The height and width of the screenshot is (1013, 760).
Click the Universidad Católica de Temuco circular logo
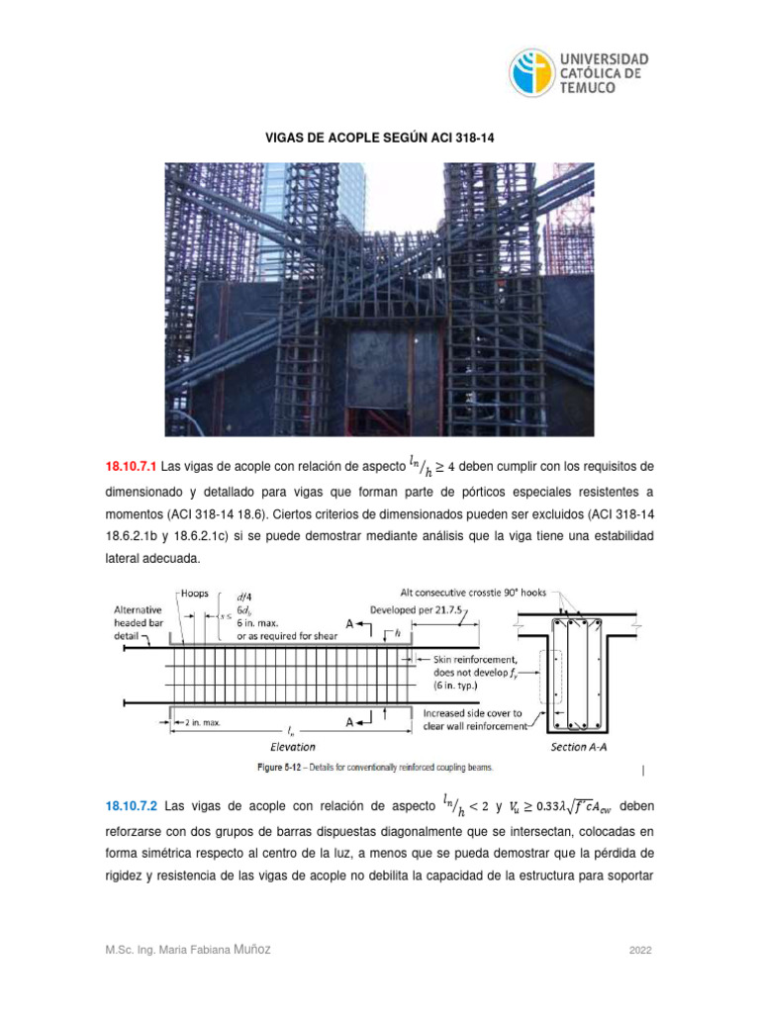(532, 73)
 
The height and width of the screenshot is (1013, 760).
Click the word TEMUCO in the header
(590, 88)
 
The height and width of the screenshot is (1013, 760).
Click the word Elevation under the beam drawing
(293, 748)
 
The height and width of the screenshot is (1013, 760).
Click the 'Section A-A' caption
(584, 748)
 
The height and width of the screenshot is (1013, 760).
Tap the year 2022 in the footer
(641, 951)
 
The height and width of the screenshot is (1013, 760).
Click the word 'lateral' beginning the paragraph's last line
(125, 559)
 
